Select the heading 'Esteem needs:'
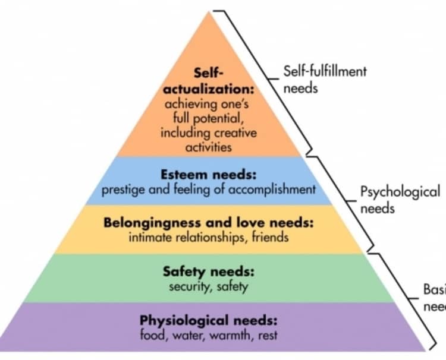pos(208,176)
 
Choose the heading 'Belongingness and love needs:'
pos(208,223)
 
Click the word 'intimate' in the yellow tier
pos(148,238)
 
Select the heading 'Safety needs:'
pos(208,272)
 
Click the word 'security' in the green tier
pos(186,286)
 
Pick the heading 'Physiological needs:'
pos(208,321)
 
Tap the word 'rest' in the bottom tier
pos(266,335)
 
